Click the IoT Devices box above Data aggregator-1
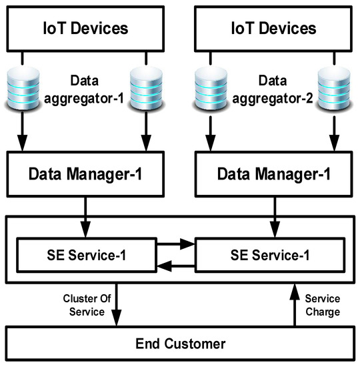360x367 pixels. pos(86,29)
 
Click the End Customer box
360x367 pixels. pos(179,344)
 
